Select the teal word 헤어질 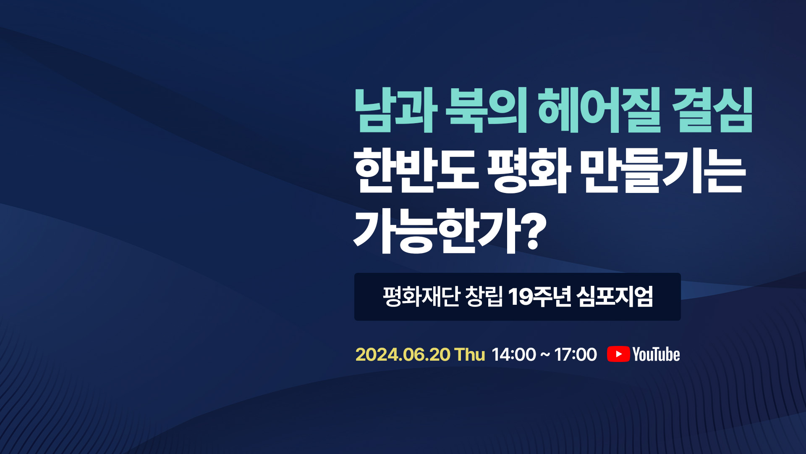click(599, 111)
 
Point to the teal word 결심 click(712, 111)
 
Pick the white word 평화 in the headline click(529, 170)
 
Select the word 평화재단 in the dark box click(421, 296)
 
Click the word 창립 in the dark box click(484, 296)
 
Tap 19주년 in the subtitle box click(539, 296)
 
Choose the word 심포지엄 click(615, 296)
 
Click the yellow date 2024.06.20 click(403, 354)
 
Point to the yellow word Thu click(470, 354)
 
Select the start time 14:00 click(514, 354)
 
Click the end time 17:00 click(576, 354)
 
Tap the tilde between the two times click(545, 355)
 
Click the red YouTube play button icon click(618, 354)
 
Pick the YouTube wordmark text click(656, 354)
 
